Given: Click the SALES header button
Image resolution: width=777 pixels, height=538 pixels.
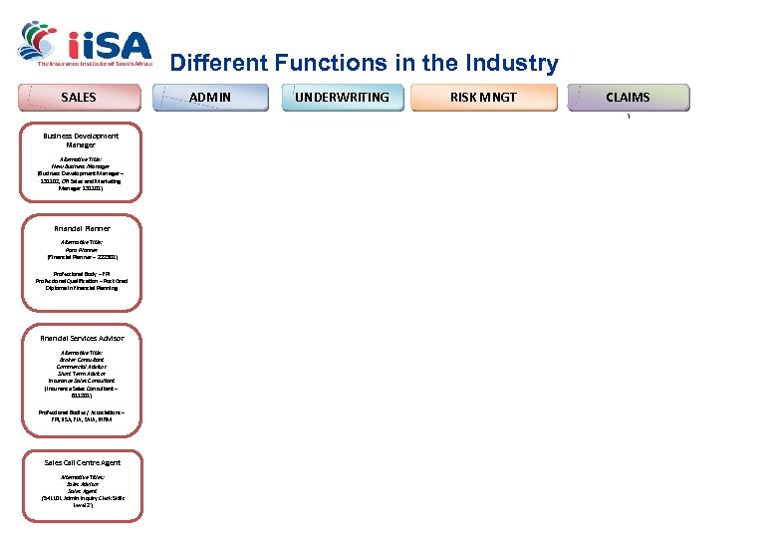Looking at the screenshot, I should tap(80, 97).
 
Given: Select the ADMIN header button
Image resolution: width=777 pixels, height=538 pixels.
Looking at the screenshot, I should tap(209, 97).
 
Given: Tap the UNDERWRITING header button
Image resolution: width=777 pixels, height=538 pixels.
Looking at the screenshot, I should tap(342, 97).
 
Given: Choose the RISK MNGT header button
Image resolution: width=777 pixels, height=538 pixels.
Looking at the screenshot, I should tap(483, 97).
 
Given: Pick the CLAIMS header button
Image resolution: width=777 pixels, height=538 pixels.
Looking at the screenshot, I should tap(628, 97).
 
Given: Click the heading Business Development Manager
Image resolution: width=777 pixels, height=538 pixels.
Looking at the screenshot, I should tap(81, 139).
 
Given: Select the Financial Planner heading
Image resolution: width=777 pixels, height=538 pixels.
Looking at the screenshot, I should tap(82, 228).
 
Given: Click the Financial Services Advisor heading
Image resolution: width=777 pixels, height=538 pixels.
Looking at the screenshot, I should tap(82, 338).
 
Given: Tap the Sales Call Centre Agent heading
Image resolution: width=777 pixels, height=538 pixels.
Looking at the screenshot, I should tap(82, 462).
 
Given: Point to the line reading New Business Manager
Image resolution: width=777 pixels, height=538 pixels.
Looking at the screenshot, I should tap(81, 165).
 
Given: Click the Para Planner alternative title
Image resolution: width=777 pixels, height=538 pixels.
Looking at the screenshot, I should tap(82, 249).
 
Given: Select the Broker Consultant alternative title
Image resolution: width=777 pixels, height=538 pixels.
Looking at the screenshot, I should tap(82, 360).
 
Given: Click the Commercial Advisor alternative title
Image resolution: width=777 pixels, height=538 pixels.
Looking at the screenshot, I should tap(82, 367).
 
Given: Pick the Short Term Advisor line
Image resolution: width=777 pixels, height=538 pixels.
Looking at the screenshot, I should tap(82, 374).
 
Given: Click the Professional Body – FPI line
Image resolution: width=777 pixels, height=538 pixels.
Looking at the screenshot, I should tap(82, 273).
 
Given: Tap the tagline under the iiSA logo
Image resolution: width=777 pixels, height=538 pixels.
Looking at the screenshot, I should tap(94, 64).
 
